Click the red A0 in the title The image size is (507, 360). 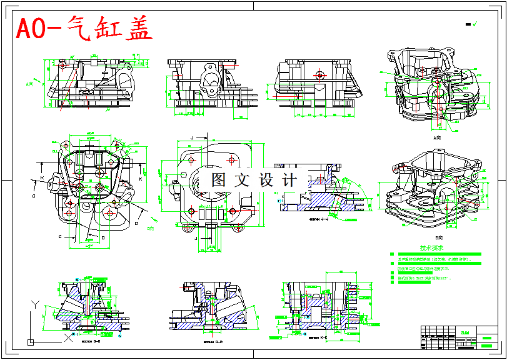click(x=35, y=29)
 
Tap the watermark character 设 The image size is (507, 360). click(x=266, y=180)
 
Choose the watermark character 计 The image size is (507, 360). click(x=290, y=180)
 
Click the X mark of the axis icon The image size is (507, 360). click(x=67, y=337)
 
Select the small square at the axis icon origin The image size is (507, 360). click(x=30, y=341)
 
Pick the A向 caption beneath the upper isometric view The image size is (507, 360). click(x=438, y=136)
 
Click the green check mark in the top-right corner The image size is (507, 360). click(x=475, y=24)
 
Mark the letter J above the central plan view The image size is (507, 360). click(x=192, y=136)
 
